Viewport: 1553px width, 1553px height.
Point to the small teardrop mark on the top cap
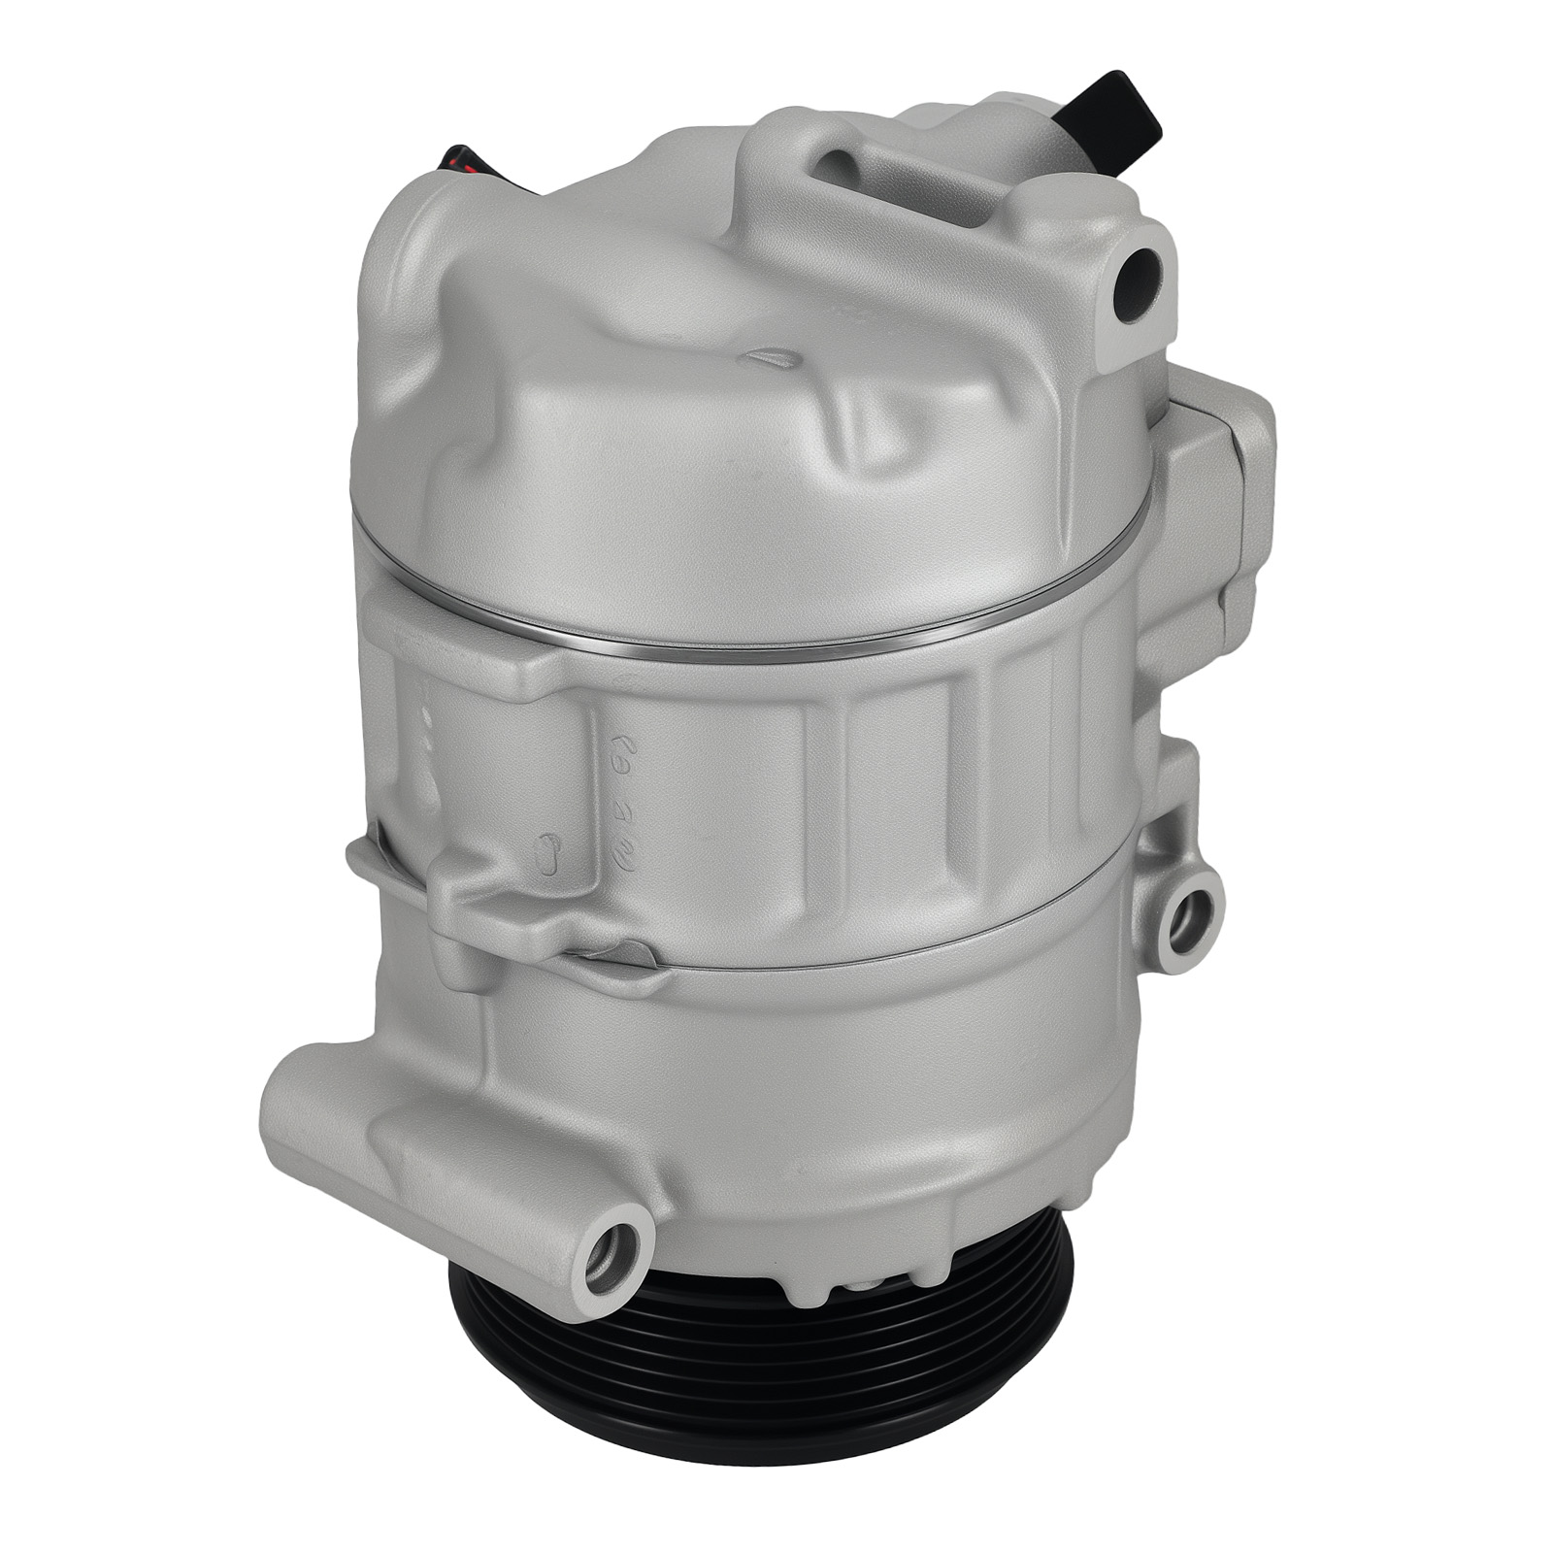pos(773,356)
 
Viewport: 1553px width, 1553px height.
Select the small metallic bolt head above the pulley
pos(854,1287)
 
